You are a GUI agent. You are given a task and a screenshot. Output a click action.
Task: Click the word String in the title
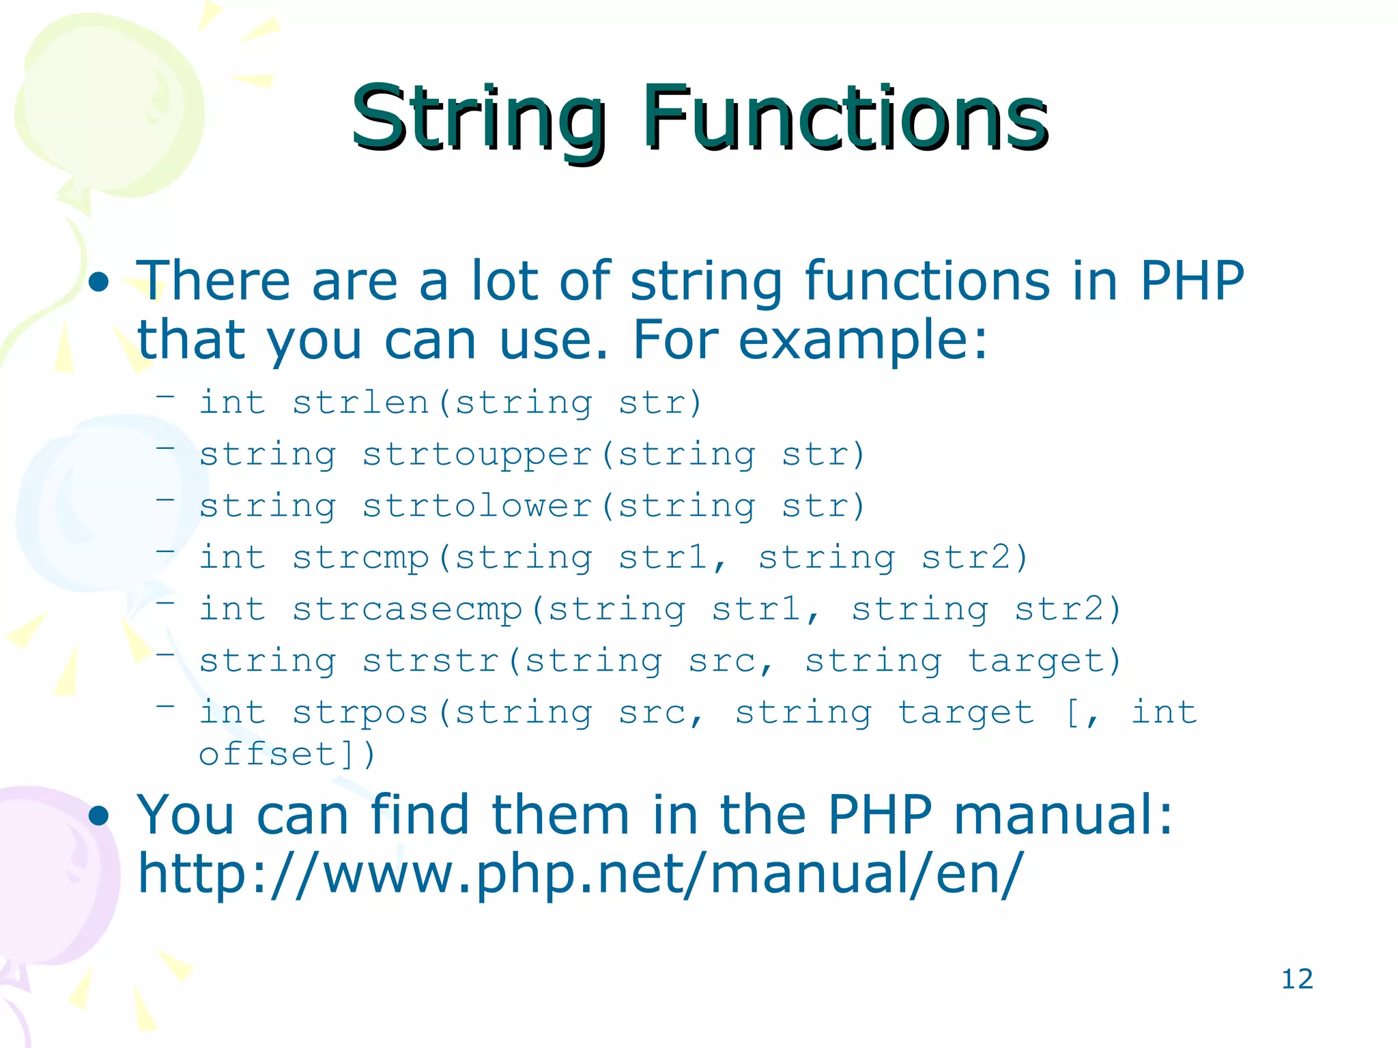coord(478,119)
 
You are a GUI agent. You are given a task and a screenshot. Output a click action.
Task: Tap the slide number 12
coord(1296,979)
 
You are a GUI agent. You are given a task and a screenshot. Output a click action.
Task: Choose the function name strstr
coord(431,660)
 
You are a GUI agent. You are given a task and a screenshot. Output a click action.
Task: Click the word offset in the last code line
coord(268,755)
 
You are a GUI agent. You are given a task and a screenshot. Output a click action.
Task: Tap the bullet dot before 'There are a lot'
coord(100,282)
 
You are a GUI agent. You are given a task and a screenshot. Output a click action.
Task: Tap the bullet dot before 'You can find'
coord(100,815)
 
